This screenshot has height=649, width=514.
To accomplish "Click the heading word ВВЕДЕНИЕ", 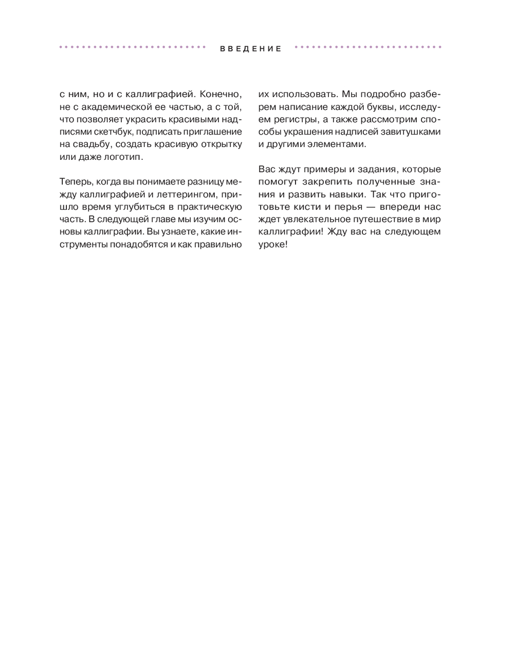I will [x=251, y=49].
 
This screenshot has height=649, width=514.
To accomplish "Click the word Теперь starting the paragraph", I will [x=75, y=182].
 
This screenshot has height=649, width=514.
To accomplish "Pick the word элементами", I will [x=336, y=144].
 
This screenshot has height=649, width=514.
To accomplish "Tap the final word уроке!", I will [x=273, y=244].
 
